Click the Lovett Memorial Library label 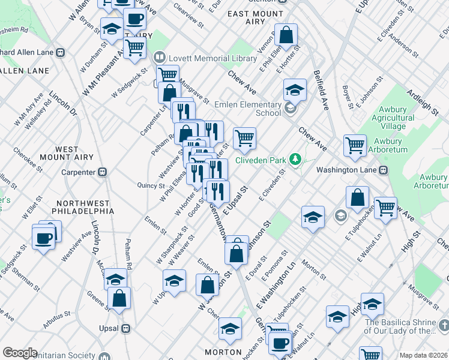(x=202, y=58)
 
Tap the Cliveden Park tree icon (x=295, y=160)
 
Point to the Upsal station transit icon (x=126, y=328)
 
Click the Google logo (x=19, y=353)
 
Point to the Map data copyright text (x=423, y=355)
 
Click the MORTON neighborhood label (x=223, y=352)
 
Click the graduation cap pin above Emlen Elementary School (x=295, y=90)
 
